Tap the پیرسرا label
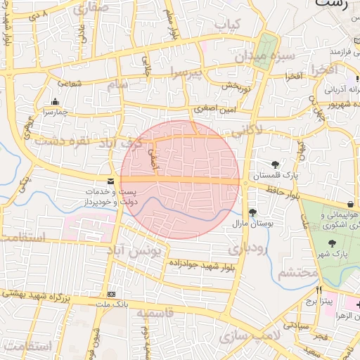point(185,72)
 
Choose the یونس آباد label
point(137,250)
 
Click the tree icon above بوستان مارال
point(252,213)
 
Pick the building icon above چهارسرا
point(55,101)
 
